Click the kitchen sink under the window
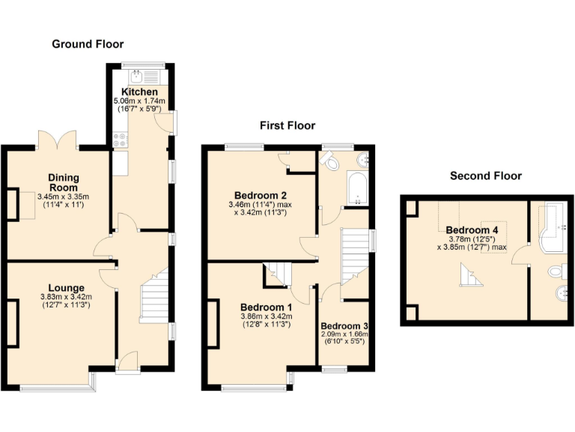pyautogui.click(x=139, y=75)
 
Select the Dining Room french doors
pyautogui.click(x=58, y=139)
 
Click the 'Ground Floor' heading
pyautogui.click(x=88, y=44)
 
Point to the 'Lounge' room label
pyautogui.click(x=66, y=287)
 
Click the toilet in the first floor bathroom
pyautogui.click(x=329, y=160)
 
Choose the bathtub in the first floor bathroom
pyautogui.click(x=359, y=189)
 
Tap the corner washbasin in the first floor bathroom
pyautogui.click(x=362, y=159)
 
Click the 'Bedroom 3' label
pyautogui.click(x=344, y=326)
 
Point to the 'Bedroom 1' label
pyautogui.click(x=266, y=307)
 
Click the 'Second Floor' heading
pyautogui.click(x=485, y=176)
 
